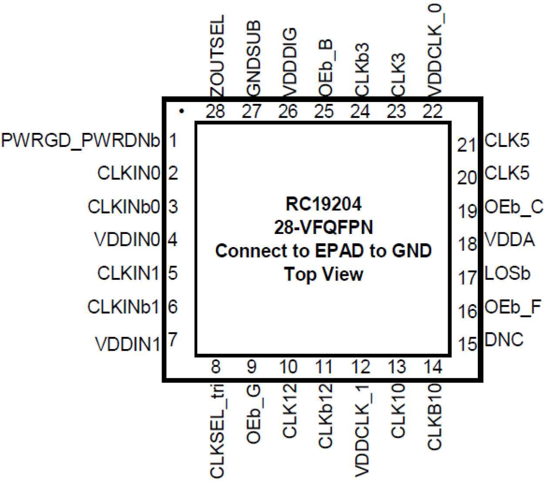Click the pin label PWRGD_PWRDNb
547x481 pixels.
81,141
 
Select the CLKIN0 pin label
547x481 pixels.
128,173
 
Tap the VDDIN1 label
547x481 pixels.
128,345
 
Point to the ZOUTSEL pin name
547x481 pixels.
216,56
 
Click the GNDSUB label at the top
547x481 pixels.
253,58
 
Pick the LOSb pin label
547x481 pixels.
507,274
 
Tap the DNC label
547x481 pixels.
504,340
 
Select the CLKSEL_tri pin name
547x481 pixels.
217,430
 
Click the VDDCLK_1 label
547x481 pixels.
361,430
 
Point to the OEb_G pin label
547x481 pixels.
253,414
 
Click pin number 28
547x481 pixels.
216,112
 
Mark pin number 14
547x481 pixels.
433,367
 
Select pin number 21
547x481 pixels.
466,145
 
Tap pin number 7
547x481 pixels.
173,339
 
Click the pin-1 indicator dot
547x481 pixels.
182,112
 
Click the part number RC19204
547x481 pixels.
324,204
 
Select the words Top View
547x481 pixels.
324,274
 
